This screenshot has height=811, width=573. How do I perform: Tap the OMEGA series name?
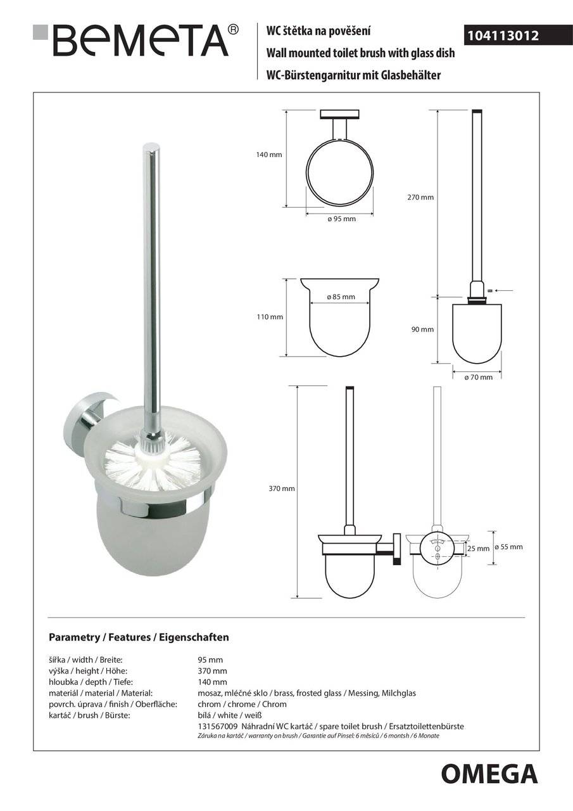[489, 774]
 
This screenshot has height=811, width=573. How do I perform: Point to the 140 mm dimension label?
[269, 155]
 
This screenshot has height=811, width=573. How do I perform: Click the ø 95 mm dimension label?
[341, 219]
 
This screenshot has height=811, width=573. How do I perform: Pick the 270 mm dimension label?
[420, 197]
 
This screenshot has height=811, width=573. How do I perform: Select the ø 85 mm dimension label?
[341, 297]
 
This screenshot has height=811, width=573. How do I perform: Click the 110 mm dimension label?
[270, 317]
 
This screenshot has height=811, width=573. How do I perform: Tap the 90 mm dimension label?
[423, 329]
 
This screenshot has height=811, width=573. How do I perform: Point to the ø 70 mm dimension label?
[478, 377]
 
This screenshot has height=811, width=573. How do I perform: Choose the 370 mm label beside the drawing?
[282, 489]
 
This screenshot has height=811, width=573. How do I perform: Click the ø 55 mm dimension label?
[508, 547]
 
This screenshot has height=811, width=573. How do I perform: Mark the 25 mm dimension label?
[479, 549]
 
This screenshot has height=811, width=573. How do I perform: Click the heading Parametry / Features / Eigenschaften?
[139, 637]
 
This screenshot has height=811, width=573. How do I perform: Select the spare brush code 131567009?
[217, 727]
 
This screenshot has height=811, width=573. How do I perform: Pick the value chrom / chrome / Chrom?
[242, 704]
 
